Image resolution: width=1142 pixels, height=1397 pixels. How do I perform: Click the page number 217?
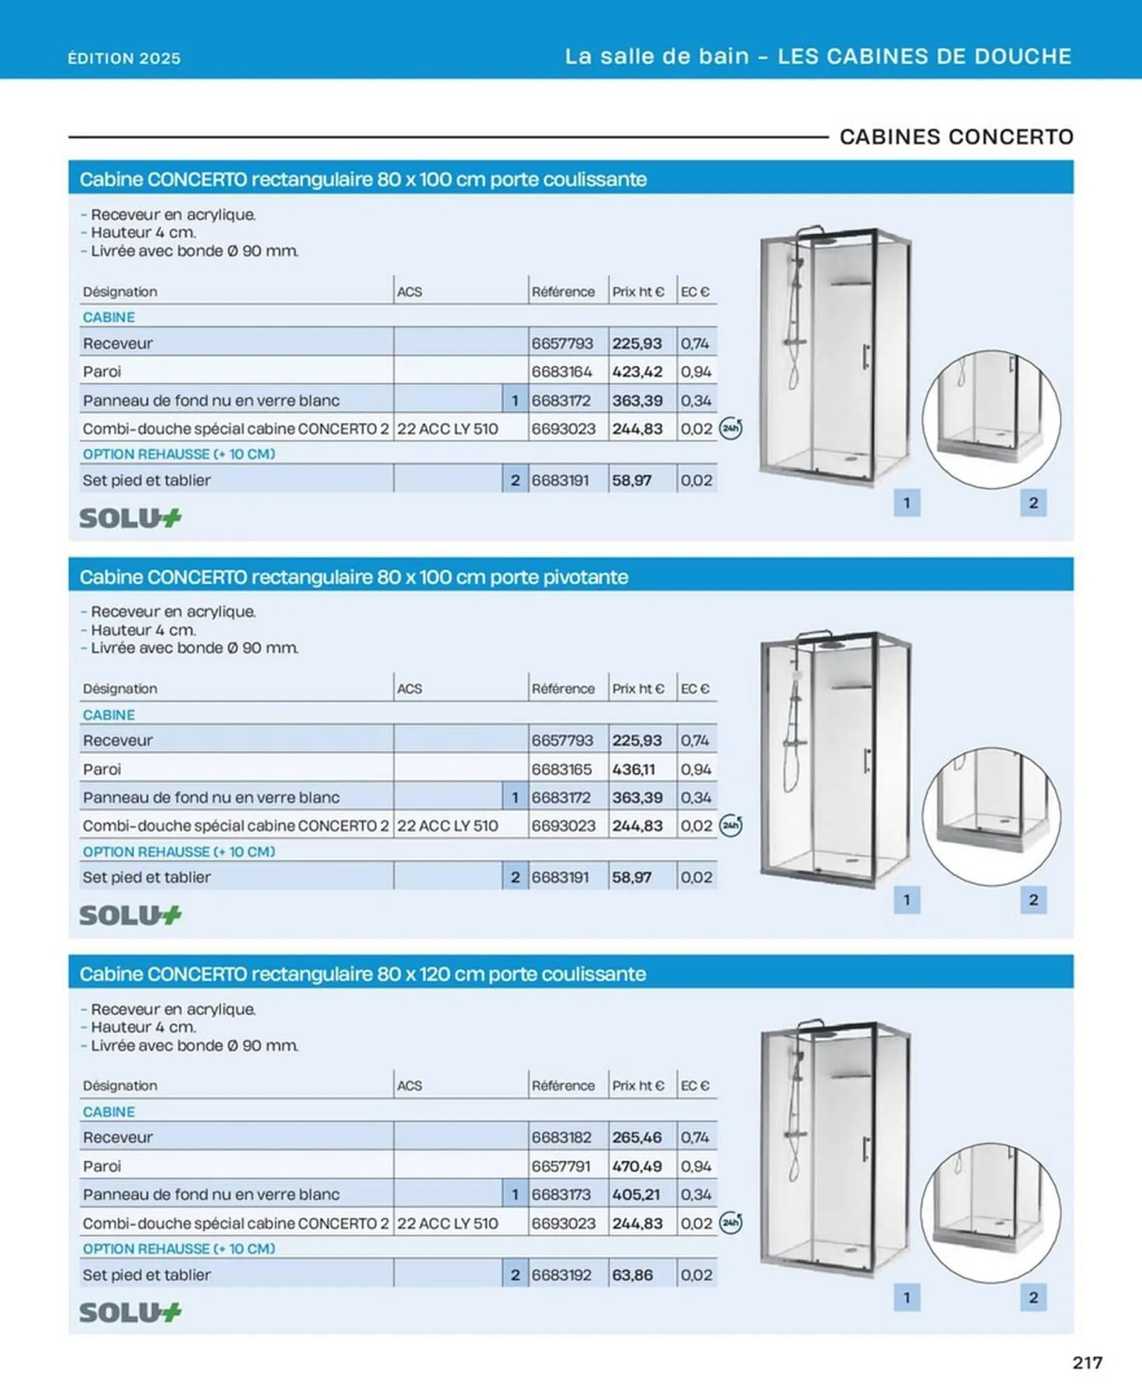point(1087,1362)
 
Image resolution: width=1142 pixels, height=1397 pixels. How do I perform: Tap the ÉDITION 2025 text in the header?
point(124,58)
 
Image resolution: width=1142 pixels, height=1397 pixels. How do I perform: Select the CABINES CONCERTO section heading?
point(956,137)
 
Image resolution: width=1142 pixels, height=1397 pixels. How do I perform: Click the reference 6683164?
point(562,372)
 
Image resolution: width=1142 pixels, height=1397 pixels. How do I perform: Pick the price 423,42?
point(637,372)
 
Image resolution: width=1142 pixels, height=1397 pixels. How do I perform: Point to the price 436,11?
point(633,769)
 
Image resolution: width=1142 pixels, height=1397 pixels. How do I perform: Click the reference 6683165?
point(562,769)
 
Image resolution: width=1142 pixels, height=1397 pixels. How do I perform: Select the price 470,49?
point(637,1166)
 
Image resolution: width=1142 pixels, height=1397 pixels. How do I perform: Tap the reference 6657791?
point(561,1166)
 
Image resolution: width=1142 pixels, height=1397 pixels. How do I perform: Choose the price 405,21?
point(636,1194)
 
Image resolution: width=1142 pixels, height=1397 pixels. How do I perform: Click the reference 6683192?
point(562,1275)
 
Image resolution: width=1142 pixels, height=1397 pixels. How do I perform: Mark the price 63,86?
point(632,1275)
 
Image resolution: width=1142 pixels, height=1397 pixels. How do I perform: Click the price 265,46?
point(637,1137)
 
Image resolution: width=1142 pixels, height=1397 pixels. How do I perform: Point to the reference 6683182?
point(562,1137)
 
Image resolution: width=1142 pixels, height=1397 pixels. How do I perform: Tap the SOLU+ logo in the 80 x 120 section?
point(130,1312)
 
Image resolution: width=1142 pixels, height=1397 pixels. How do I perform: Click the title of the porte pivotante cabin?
point(354,577)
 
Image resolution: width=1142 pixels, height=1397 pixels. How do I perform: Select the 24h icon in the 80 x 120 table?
point(730,1222)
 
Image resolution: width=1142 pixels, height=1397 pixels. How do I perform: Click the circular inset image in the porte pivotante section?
point(991,816)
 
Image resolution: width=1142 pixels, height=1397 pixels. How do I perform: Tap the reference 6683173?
point(562,1194)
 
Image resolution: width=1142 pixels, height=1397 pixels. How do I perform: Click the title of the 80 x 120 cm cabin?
point(363,974)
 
